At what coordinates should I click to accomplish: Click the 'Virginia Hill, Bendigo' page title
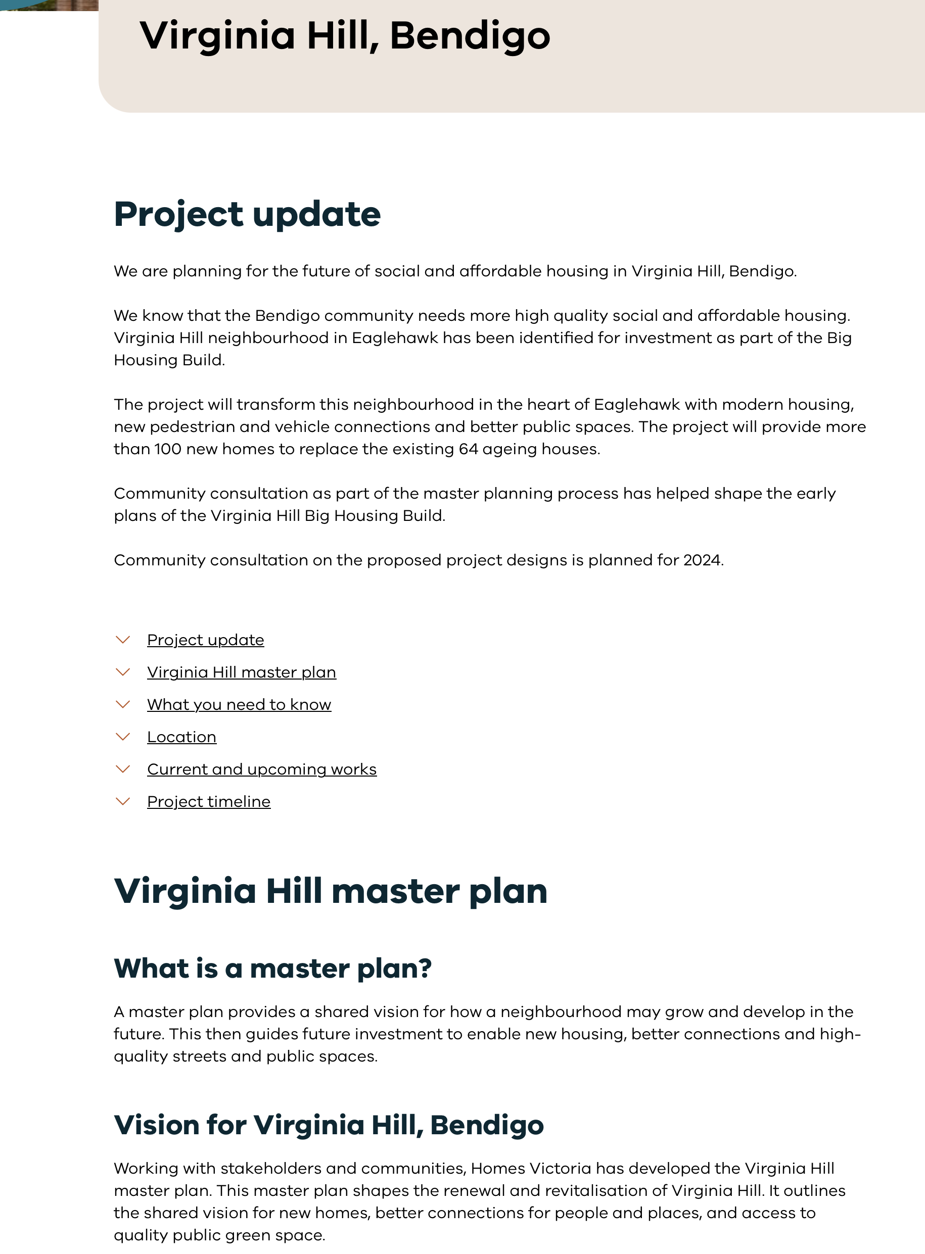click(344, 36)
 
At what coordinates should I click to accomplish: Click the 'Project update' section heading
click(247, 214)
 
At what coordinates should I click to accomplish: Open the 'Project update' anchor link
click(206, 640)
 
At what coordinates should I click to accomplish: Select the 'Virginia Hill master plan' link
click(241, 672)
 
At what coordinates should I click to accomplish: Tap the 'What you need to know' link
click(239, 704)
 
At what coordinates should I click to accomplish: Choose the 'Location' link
click(181, 737)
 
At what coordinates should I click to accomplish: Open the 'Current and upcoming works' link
click(261, 769)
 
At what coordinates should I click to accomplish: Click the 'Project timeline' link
click(209, 802)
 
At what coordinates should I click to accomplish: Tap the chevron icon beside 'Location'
click(123, 737)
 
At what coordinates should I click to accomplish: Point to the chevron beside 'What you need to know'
click(123, 704)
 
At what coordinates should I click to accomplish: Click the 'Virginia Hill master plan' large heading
click(331, 891)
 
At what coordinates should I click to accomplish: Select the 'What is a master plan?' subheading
click(272, 969)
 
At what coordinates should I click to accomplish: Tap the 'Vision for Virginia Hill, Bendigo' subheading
click(329, 1125)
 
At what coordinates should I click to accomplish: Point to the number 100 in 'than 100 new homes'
click(167, 449)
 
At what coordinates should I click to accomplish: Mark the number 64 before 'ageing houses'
click(468, 449)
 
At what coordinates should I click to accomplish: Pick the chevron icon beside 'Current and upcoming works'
click(123, 769)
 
